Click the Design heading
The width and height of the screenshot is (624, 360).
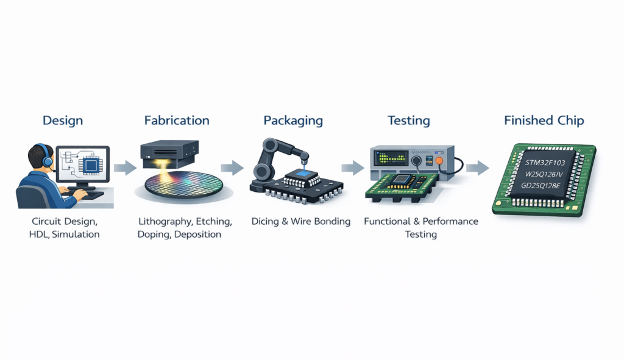coord(63,121)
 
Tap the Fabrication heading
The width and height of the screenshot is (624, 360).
coord(177,121)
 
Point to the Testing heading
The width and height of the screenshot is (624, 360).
coord(409,121)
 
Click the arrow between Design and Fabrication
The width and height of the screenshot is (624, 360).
coord(125,167)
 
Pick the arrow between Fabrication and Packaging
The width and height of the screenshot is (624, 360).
coord(232,167)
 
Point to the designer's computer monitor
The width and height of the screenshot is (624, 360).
coord(84,164)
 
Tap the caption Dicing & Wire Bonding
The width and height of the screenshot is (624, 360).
coord(301,222)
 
